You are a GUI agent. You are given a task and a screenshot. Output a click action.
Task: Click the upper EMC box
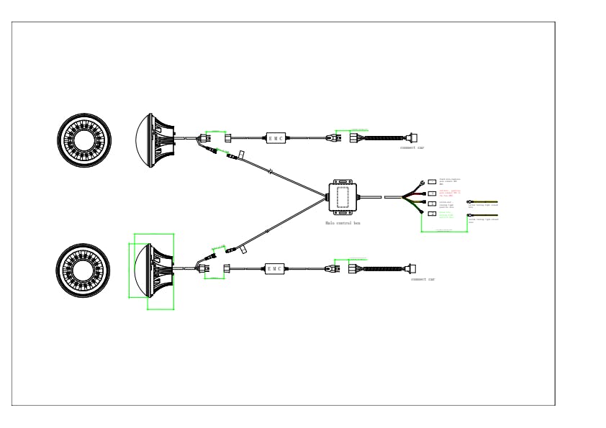(276, 137)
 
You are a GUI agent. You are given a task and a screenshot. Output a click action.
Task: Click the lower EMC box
(276, 268)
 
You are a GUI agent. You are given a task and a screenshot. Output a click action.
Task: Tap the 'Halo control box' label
(343, 223)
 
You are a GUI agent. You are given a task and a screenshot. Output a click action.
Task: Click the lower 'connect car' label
(422, 279)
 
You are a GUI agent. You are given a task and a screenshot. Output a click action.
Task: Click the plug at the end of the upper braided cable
(412, 137)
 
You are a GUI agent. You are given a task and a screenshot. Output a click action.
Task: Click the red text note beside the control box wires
(450, 193)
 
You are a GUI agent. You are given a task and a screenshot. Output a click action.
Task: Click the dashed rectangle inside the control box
(343, 196)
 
